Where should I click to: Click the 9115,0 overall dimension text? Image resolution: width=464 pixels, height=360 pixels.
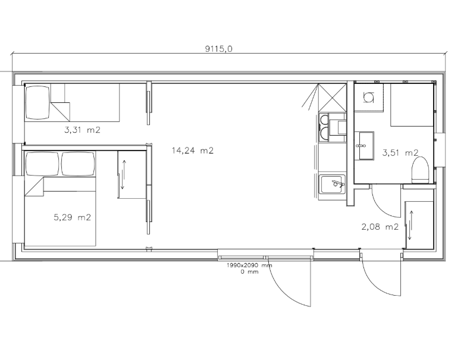[219, 49]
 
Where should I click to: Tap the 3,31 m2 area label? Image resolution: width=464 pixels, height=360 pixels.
[82, 130]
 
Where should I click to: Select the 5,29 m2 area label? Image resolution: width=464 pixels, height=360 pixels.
[72, 218]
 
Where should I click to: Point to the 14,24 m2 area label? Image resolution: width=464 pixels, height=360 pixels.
[193, 151]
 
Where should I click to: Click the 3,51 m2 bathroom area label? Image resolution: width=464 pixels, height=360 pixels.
[400, 153]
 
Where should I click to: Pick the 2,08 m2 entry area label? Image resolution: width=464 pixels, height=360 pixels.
[380, 227]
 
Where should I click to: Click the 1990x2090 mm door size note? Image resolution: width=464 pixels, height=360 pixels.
[249, 265]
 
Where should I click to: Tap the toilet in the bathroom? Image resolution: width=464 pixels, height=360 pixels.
[420, 170]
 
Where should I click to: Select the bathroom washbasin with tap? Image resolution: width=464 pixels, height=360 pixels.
[366, 146]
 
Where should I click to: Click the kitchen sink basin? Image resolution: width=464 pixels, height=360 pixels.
[332, 184]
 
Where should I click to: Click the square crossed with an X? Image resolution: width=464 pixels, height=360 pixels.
[333, 98]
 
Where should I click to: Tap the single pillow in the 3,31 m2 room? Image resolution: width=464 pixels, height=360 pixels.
[37, 102]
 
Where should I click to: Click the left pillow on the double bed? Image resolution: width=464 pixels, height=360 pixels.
[43, 164]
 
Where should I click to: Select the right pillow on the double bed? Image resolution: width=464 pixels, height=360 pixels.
[78, 164]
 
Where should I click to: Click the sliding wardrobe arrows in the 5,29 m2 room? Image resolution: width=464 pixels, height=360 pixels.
[124, 175]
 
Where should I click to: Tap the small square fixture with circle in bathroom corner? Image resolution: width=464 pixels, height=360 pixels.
[369, 98]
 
